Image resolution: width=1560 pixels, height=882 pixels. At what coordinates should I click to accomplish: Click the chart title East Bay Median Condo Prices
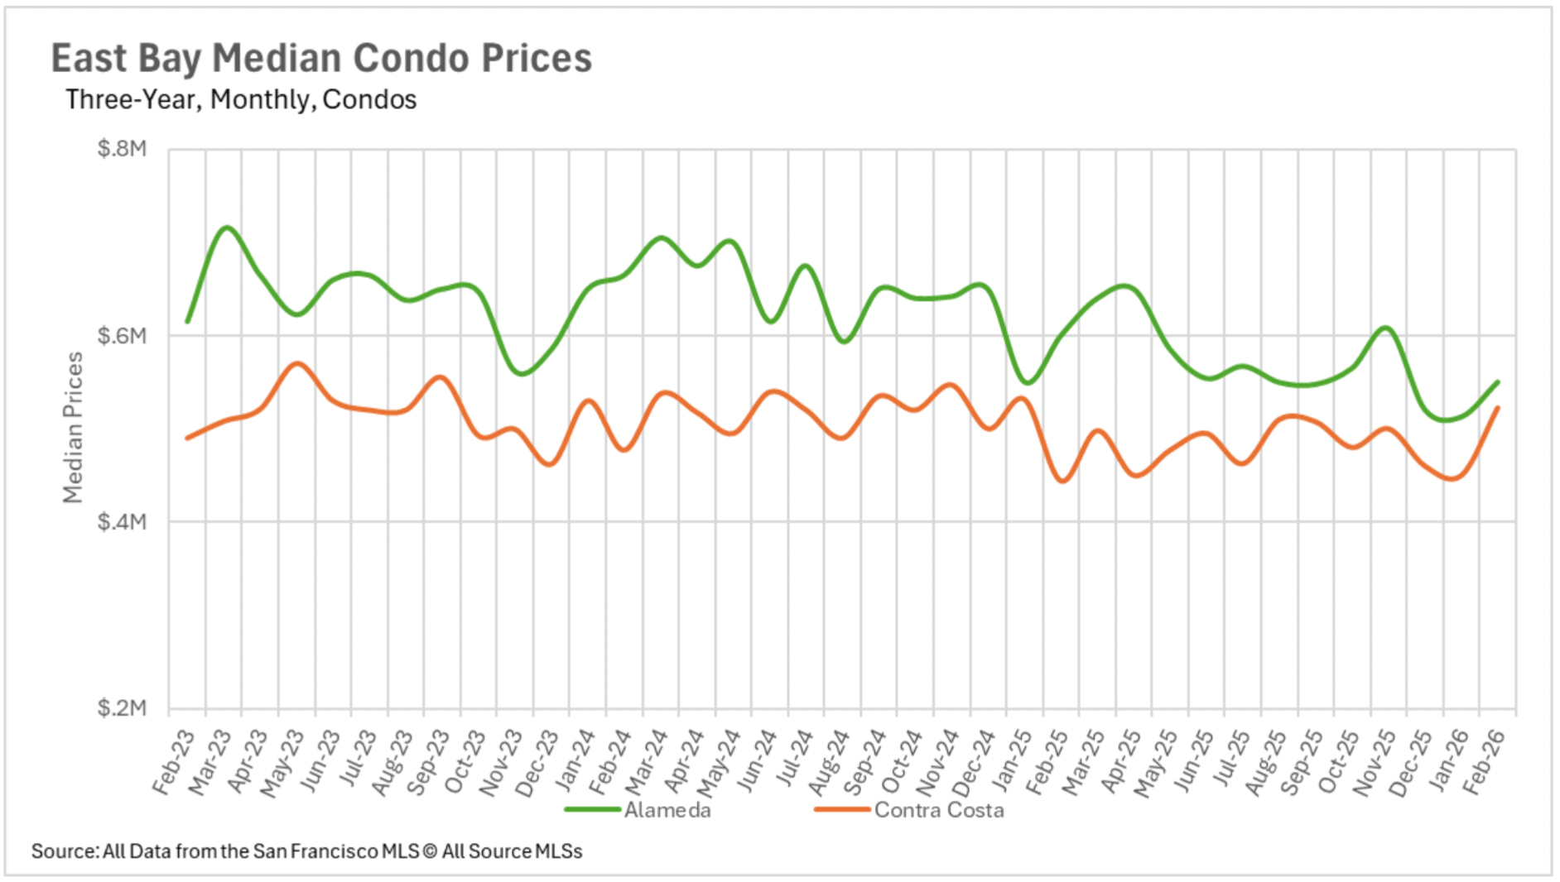point(321,59)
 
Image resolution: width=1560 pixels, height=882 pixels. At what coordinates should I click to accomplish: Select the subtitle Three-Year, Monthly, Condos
point(241,100)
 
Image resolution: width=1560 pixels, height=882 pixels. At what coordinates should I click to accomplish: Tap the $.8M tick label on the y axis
point(122,149)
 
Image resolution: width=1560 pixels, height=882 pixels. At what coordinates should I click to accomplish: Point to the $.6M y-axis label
point(122,336)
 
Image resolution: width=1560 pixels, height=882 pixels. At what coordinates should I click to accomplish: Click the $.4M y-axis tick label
point(122,522)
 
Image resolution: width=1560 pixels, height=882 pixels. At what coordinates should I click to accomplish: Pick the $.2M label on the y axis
point(122,708)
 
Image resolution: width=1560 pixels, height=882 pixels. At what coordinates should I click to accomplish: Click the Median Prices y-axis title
point(74,428)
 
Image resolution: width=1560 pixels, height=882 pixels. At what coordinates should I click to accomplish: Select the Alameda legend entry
point(667,810)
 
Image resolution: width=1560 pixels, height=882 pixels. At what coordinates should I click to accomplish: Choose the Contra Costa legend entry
point(938,810)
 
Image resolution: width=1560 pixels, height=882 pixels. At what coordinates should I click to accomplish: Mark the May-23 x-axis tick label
point(283,761)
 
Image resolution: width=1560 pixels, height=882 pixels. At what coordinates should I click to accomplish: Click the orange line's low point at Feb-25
point(1063,481)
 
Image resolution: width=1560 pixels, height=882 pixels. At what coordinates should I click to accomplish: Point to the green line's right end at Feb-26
point(1498,382)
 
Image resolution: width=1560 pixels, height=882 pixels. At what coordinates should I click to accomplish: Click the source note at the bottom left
point(307,851)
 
